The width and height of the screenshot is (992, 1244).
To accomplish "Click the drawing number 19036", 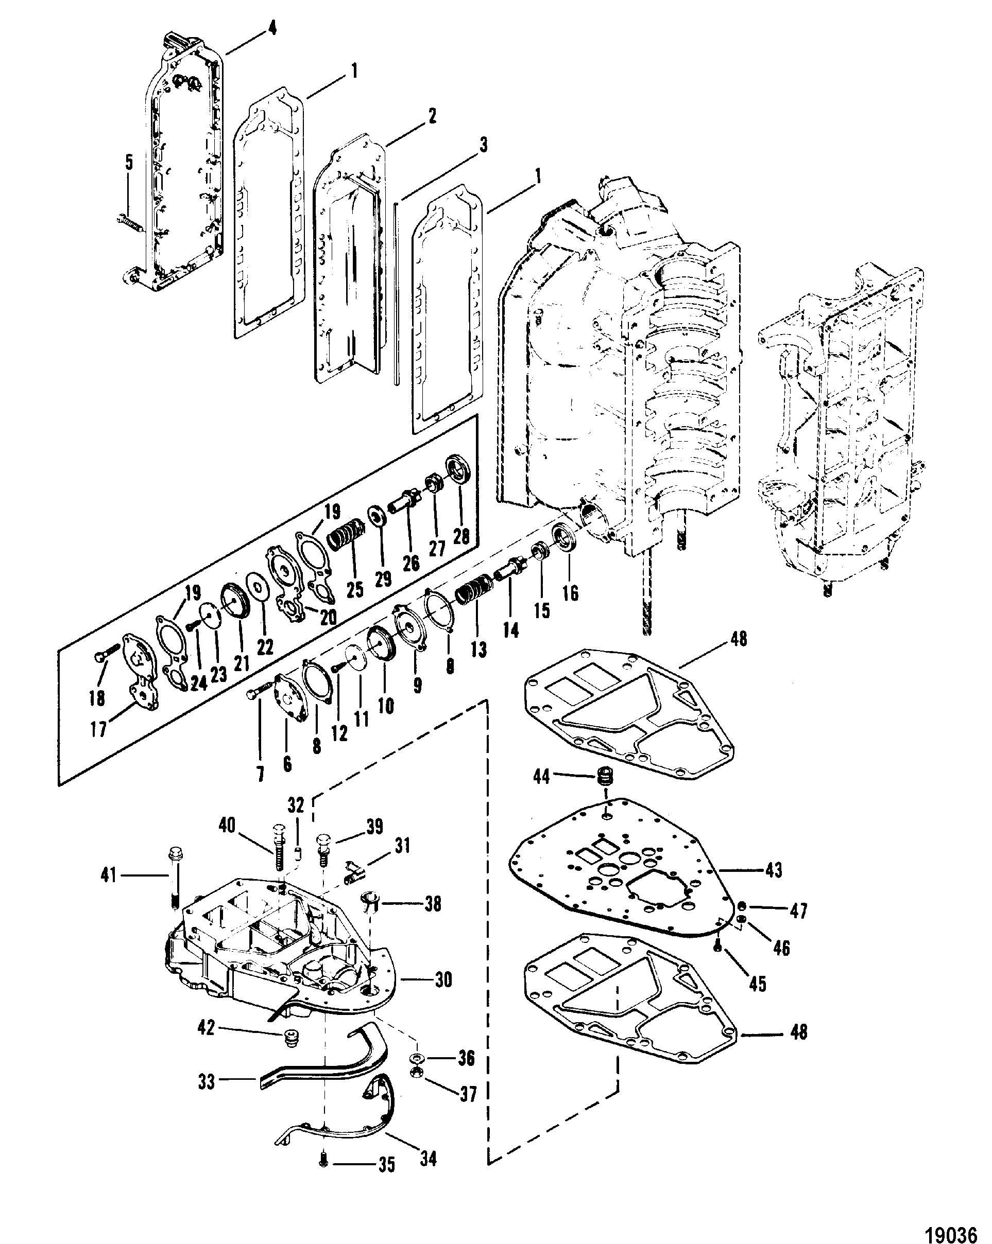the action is click(950, 1230).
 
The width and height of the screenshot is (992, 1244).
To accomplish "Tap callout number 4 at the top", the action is click(272, 28).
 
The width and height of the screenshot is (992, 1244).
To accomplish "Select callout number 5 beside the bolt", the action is click(129, 163).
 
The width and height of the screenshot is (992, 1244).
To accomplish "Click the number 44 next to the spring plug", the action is click(542, 777).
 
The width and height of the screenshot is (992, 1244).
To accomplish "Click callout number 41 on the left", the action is click(108, 875).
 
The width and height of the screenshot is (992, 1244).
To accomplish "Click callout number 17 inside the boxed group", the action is click(99, 729).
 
